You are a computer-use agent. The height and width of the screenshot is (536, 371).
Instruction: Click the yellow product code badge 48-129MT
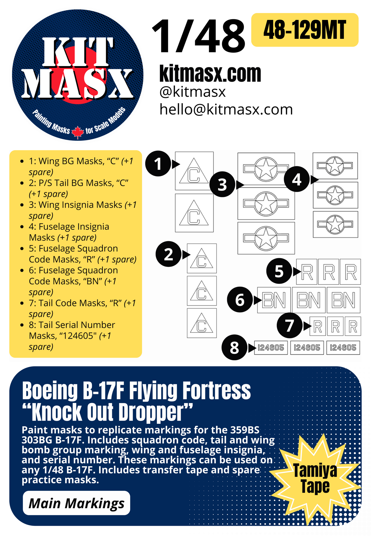pyautogui.click(x=305, y=30)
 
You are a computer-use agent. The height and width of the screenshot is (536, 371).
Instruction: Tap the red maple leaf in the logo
pyautogui.click(x=78, y=132)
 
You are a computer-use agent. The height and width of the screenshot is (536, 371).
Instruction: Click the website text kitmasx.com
pyautogui.click(x=210, y=74)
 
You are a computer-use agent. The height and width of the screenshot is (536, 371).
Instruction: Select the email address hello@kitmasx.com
pyautogui.click(x=226, y=109)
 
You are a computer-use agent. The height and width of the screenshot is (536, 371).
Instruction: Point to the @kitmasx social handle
pyautogui.click(x=192, y=92)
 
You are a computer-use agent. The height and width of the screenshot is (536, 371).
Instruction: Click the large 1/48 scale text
pyautogui.click(x=198, y=36)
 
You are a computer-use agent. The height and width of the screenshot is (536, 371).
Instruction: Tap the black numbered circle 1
pyautogui.click(x=158, y=164)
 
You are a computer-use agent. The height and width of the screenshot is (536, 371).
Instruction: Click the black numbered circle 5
pyautogui.click(x=279, y=271)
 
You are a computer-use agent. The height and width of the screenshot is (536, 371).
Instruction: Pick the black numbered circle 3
pyautogui.click(x=222, y=184)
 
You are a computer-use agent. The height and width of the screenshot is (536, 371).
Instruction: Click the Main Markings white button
pyautogui.click(x=76, y=503)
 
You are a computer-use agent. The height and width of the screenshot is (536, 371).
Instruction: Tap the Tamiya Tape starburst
pyautogui.click(x=315, y=478)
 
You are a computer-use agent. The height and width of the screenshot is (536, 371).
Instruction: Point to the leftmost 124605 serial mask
pyautogui.click(x=271, y=347)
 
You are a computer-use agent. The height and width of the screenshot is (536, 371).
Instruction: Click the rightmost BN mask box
pyautogui.click(x=343, y=300)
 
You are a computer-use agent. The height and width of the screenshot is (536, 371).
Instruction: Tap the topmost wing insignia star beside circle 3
pyautogui.click(x=266, y=169)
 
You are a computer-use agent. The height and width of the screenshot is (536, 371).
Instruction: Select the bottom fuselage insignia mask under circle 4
pyautogui.click(x=335, y=224)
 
